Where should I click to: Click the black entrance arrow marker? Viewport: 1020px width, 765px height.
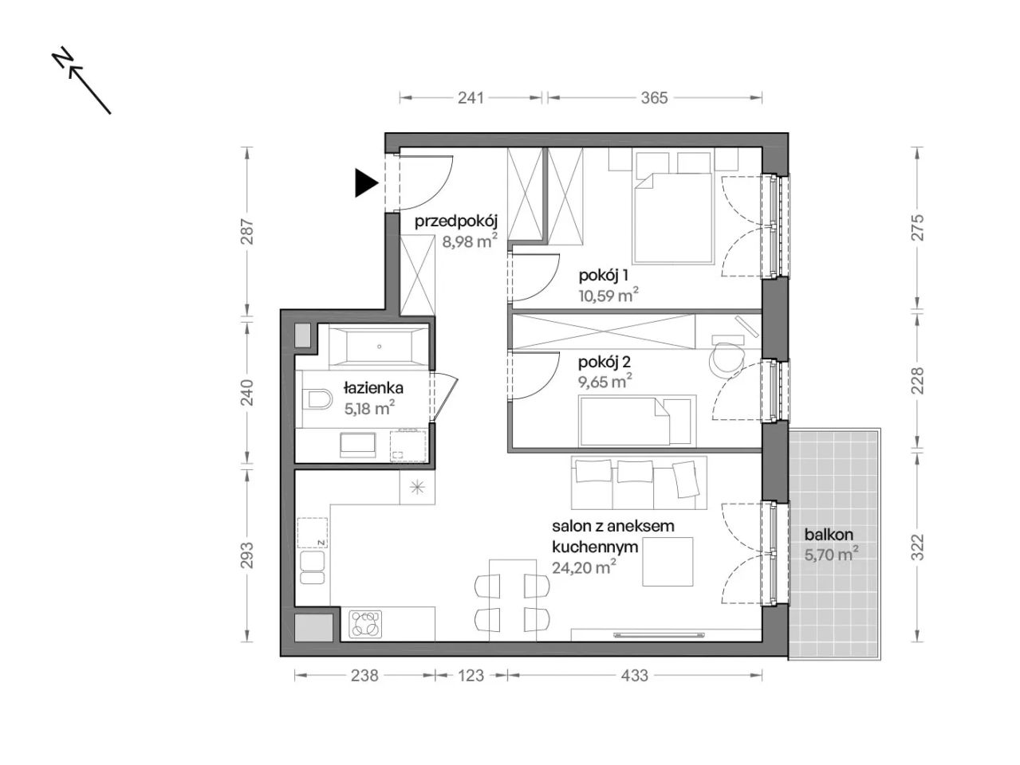click(366, 183)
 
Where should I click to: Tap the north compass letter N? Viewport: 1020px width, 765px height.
click(63, 57)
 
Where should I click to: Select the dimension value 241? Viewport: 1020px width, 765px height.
click(471, 98)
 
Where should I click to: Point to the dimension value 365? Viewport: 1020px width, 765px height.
click(654, 98)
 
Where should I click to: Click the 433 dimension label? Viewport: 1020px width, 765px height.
click(634, 676)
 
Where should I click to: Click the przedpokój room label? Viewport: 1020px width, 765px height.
click(456, 222)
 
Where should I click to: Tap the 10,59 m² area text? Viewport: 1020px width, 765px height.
click(608, 296)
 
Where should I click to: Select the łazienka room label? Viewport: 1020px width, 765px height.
click(373, 387)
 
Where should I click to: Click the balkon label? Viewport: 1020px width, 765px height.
click(829, 534)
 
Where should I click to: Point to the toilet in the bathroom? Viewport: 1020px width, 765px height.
click(317, 399)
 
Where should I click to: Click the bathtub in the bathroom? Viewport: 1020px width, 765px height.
click(378, 347)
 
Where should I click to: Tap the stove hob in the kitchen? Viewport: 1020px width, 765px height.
click(366, 623)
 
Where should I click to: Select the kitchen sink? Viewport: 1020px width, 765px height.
click(313, 567)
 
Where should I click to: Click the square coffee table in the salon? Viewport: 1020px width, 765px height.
click(668, 562)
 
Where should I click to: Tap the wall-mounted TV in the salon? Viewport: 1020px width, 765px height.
click(660, 634)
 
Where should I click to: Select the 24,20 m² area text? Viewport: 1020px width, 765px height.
click(584, 567)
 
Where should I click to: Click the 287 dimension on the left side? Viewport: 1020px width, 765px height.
click(246, 231)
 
